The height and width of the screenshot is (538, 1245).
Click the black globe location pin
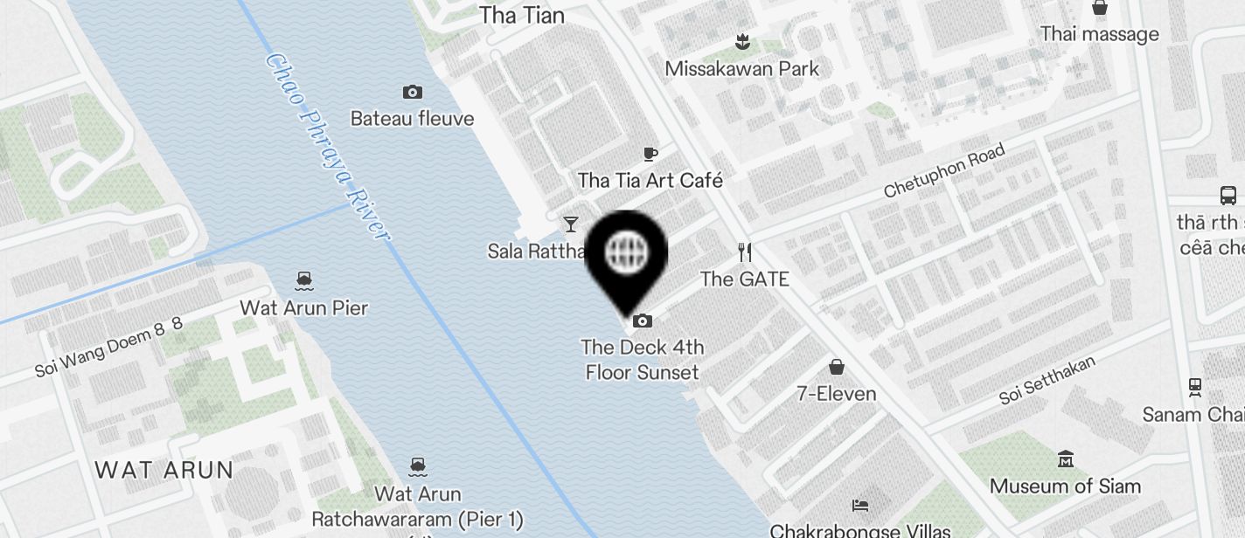pyautogui.click(x=626, y=253)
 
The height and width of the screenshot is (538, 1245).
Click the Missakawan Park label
pyautogui.click(x=742, y=68)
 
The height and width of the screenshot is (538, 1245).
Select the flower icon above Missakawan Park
pyautogui.click(x=742, y=40)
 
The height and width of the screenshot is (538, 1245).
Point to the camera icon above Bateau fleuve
pyautogui.click(x=413, y=92)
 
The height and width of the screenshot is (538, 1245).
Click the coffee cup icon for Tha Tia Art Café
pyautogui.click(x=650, y=155)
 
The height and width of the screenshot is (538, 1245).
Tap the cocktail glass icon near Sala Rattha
pyautogui.click(x=571, y=224)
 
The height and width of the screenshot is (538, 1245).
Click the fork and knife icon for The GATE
pyautogui.click(x=745, y=252)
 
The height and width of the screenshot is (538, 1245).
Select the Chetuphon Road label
pyautogui.click(x=944, y=171)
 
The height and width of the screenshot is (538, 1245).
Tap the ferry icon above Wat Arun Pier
pyautogui.click(x=304, y=280)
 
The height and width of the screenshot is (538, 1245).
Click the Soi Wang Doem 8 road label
pyautogui.click(x=108, y=347)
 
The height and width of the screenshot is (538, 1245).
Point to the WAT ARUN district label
pyautogui.click(x=163, y=470)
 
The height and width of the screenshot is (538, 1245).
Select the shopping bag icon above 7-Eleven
pyautogui.click(x=837, y=367)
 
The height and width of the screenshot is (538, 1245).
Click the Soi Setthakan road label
pyautogui.click(x=1047, y=380)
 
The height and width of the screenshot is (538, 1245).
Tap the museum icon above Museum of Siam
pyautogui.click(x=1065, y=459)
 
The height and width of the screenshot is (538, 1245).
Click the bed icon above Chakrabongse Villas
pyautogui.click(x=860, y=505)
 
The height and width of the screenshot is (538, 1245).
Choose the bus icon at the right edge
pyautogui.click(x=1228, y=195)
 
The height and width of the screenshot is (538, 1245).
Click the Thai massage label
pyautogui.click(x=1099, y=34)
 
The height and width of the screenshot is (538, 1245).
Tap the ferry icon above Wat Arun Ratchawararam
pyautogui.click(x=418, y=466)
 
